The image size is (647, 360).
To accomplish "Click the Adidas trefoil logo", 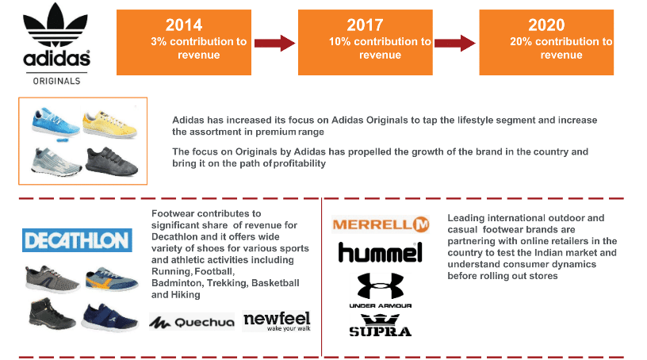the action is (x=56, y=25).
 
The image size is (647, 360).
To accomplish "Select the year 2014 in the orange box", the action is (x=184, y=25).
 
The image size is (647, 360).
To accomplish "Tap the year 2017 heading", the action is (x=365, y=25).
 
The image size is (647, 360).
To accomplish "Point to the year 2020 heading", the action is (x=546, y=25).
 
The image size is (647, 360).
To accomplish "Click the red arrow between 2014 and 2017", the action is (x=275, y=43).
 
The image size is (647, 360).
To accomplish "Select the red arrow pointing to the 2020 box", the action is (x=455, y=43).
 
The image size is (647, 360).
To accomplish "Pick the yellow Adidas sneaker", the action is (x=109, y=124).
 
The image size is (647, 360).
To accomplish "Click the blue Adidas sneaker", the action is (x=56, y=123).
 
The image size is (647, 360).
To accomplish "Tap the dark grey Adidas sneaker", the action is (x=112, y=161).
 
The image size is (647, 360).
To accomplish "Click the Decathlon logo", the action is (x=77, y=240).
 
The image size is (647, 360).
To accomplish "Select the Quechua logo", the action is (x=192, y=322).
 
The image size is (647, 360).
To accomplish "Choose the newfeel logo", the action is (x=277, y=321).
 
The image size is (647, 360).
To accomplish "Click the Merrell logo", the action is (x=381, y=224).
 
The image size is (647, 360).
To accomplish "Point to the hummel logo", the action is (x=381, y=252).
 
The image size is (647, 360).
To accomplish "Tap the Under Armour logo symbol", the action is (x=381, y=285).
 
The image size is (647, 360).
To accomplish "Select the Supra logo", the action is (x=381, y=325).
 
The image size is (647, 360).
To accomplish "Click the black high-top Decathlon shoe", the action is (x=52, y=314).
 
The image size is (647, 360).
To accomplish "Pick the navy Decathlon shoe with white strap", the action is (x=109, y=317).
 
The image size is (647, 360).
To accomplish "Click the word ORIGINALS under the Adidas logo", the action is (x=56, y=81).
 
